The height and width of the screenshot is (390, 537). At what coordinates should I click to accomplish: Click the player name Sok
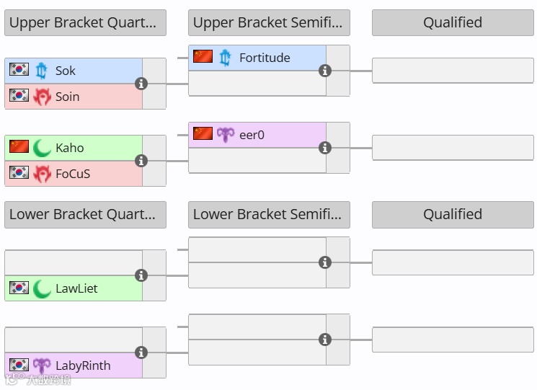[66, 71]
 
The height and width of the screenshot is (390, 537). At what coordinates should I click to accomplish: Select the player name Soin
[68, 97]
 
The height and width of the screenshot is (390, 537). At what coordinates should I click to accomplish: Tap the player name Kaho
[70, 148]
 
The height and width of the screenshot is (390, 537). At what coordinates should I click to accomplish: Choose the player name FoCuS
[73, 174]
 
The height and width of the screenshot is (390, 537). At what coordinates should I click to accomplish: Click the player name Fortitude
[265, 58]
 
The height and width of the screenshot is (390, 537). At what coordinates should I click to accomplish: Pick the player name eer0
[252, 135]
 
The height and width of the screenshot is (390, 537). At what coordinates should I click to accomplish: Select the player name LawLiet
[76, 288]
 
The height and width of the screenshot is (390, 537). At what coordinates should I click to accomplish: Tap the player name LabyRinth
[83, 365]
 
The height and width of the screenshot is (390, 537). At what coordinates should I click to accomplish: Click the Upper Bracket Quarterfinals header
[85, 23]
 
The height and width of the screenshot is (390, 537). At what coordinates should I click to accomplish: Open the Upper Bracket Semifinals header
[269, 23]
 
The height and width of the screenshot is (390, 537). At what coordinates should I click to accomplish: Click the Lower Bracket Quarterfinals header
[85, 214]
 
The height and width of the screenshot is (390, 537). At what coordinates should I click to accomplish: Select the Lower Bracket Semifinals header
[269, 214]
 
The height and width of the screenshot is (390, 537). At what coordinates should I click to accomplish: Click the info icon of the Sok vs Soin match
[141, 84]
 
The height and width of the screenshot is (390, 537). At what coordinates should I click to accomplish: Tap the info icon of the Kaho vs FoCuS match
[141, 161]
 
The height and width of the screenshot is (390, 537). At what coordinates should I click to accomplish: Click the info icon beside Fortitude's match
[325, 71]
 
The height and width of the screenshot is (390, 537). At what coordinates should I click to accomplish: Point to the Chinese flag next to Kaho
[19, 147]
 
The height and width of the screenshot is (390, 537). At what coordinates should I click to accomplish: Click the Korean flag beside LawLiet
[19, 288]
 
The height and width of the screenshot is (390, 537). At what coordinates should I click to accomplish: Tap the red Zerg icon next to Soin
[42, 97]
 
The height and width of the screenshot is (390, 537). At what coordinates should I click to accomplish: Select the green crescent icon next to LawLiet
[42, 288]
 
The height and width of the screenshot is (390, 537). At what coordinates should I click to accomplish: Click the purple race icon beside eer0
[226, 135]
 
